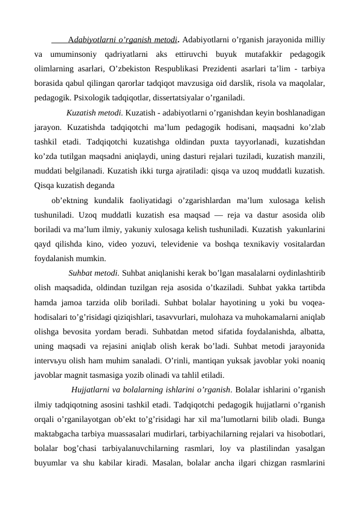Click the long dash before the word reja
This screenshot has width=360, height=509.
222,215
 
